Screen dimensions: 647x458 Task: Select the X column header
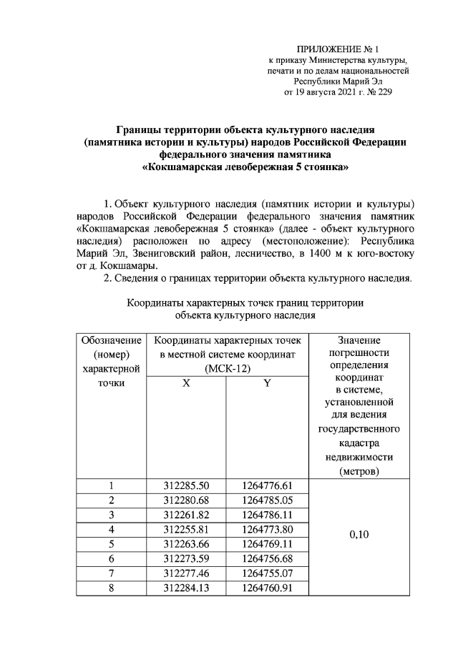pyautogui.click(x=186, y=383)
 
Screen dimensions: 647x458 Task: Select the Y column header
pyautogui.click(x=266, y=383)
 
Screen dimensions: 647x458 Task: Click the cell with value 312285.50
pyautogui.click(x=186, y=487)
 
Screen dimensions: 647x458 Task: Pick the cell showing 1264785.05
pyautogui.click(x=266, y=499)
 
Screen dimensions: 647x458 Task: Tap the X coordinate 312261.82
pyautogui.click(x=186, y=514)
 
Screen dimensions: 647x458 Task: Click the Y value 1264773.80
pyautogui.click(x=266, y=529)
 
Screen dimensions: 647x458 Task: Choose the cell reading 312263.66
pyautogui.click(x=186, y=544)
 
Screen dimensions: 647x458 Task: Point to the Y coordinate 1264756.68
pyautogui.click(x=266, y=559)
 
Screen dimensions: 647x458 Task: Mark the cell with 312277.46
pyautogui.click(x=186, y=573)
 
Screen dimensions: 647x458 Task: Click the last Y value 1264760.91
pyautogui.click(x=266, y=588)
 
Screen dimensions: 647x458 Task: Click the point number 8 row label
pyautogui.click(x=111, y=588)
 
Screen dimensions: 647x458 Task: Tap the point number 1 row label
pyautogui.click(x=111, y=487)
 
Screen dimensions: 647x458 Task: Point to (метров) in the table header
pyautogui.click(x=359, y=472)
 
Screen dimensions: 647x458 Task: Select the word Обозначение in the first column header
pyautogui.click(x=111, y=340)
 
